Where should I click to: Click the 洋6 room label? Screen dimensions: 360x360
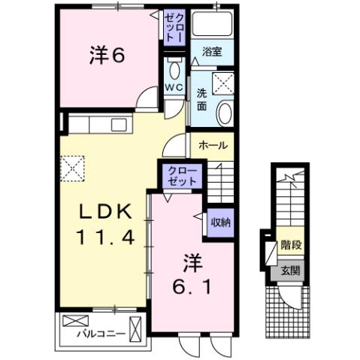click(107, 56)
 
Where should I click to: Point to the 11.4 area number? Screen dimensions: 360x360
click(106, 238)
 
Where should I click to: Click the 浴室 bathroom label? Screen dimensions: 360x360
click(211, 52)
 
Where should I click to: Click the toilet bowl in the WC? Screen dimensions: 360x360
click(175, 72)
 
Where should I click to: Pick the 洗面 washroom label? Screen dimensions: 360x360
click(203, 99)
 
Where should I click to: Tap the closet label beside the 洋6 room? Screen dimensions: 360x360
click(174, 27)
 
